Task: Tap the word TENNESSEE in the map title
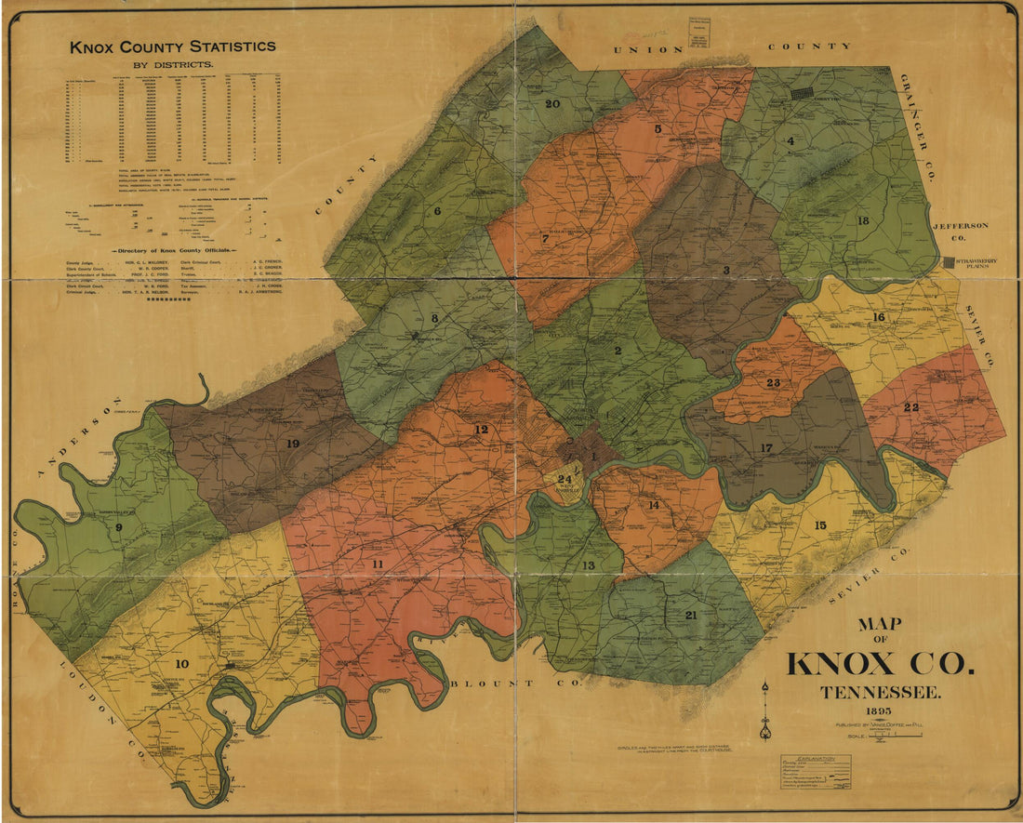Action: pyautogui.click(x=880, y=692)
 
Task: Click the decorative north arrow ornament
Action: pyautogui.click(x=764, y=711)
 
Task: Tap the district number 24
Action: pyautogui.click(x=565, y=479)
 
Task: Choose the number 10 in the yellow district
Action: pyautogui.click(x=180, y=663)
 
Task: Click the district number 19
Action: pyautogui.click(x=293, y=444)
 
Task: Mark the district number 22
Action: pyautogui.click(x=910, y=408)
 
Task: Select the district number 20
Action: pyautogui.click(x=551, y=103)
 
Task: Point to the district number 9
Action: pyautogui.click(x=119, y=528)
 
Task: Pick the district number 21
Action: pyautogui.click(x=690, y=615)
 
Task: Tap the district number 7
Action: pyautogui.click(x=545, y=238)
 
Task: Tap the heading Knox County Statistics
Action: pyautogui.click(x=172, y=46)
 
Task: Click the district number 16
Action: pyautogui.click(x=878, y=317)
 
